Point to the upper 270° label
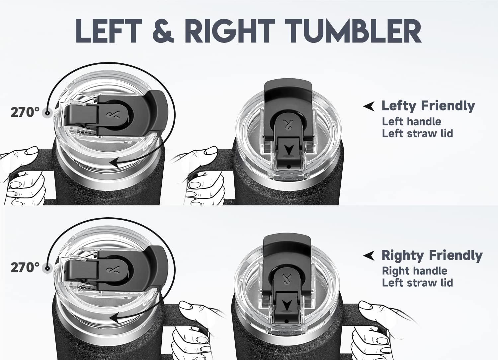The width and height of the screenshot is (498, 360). (x=25, y=112)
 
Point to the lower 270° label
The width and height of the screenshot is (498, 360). (x=25, y=267)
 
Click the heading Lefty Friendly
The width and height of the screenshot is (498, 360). (x=428, y=106)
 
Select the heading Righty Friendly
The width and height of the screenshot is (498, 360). (x=432, y=255)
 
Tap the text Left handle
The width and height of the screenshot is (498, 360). (x=411, y=121)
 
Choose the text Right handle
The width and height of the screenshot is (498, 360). (x=414, y=271)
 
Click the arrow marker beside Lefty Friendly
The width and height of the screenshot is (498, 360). (x=369, y=106)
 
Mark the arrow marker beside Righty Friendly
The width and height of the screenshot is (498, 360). (x=369, y=256)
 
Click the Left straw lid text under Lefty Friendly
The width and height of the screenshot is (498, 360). (x=417, y=134)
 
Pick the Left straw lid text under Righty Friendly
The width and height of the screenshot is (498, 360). (x=417, y=283)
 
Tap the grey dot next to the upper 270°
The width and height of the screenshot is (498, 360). (x=47, y=113)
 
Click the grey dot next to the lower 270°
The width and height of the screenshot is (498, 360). (x=47, y=268)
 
